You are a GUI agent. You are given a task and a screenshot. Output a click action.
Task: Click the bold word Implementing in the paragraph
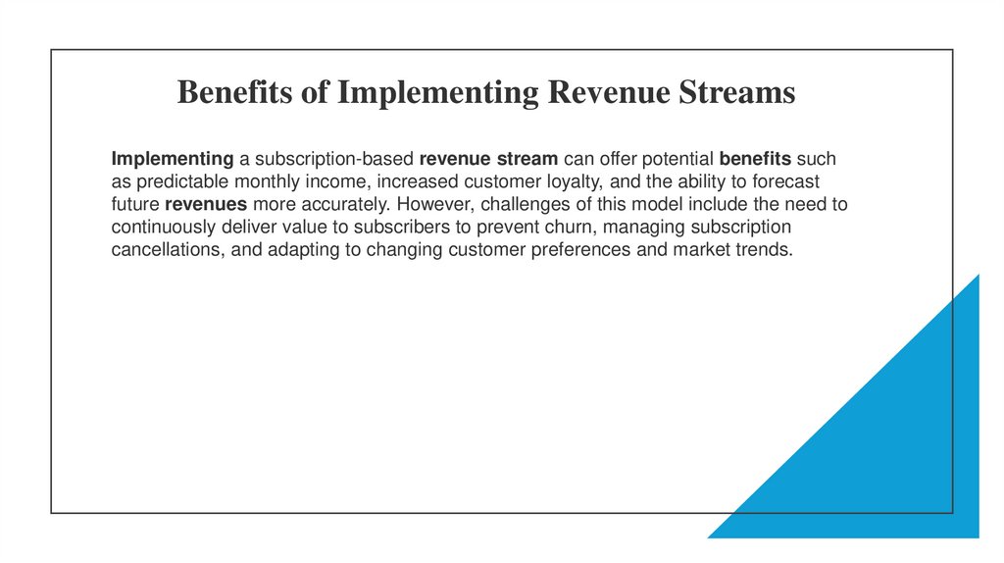[x=173, y=159]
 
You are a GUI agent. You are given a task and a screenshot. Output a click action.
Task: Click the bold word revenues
[x=206, y=205]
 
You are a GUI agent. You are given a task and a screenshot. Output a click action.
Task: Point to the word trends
[x=765, y=250]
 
